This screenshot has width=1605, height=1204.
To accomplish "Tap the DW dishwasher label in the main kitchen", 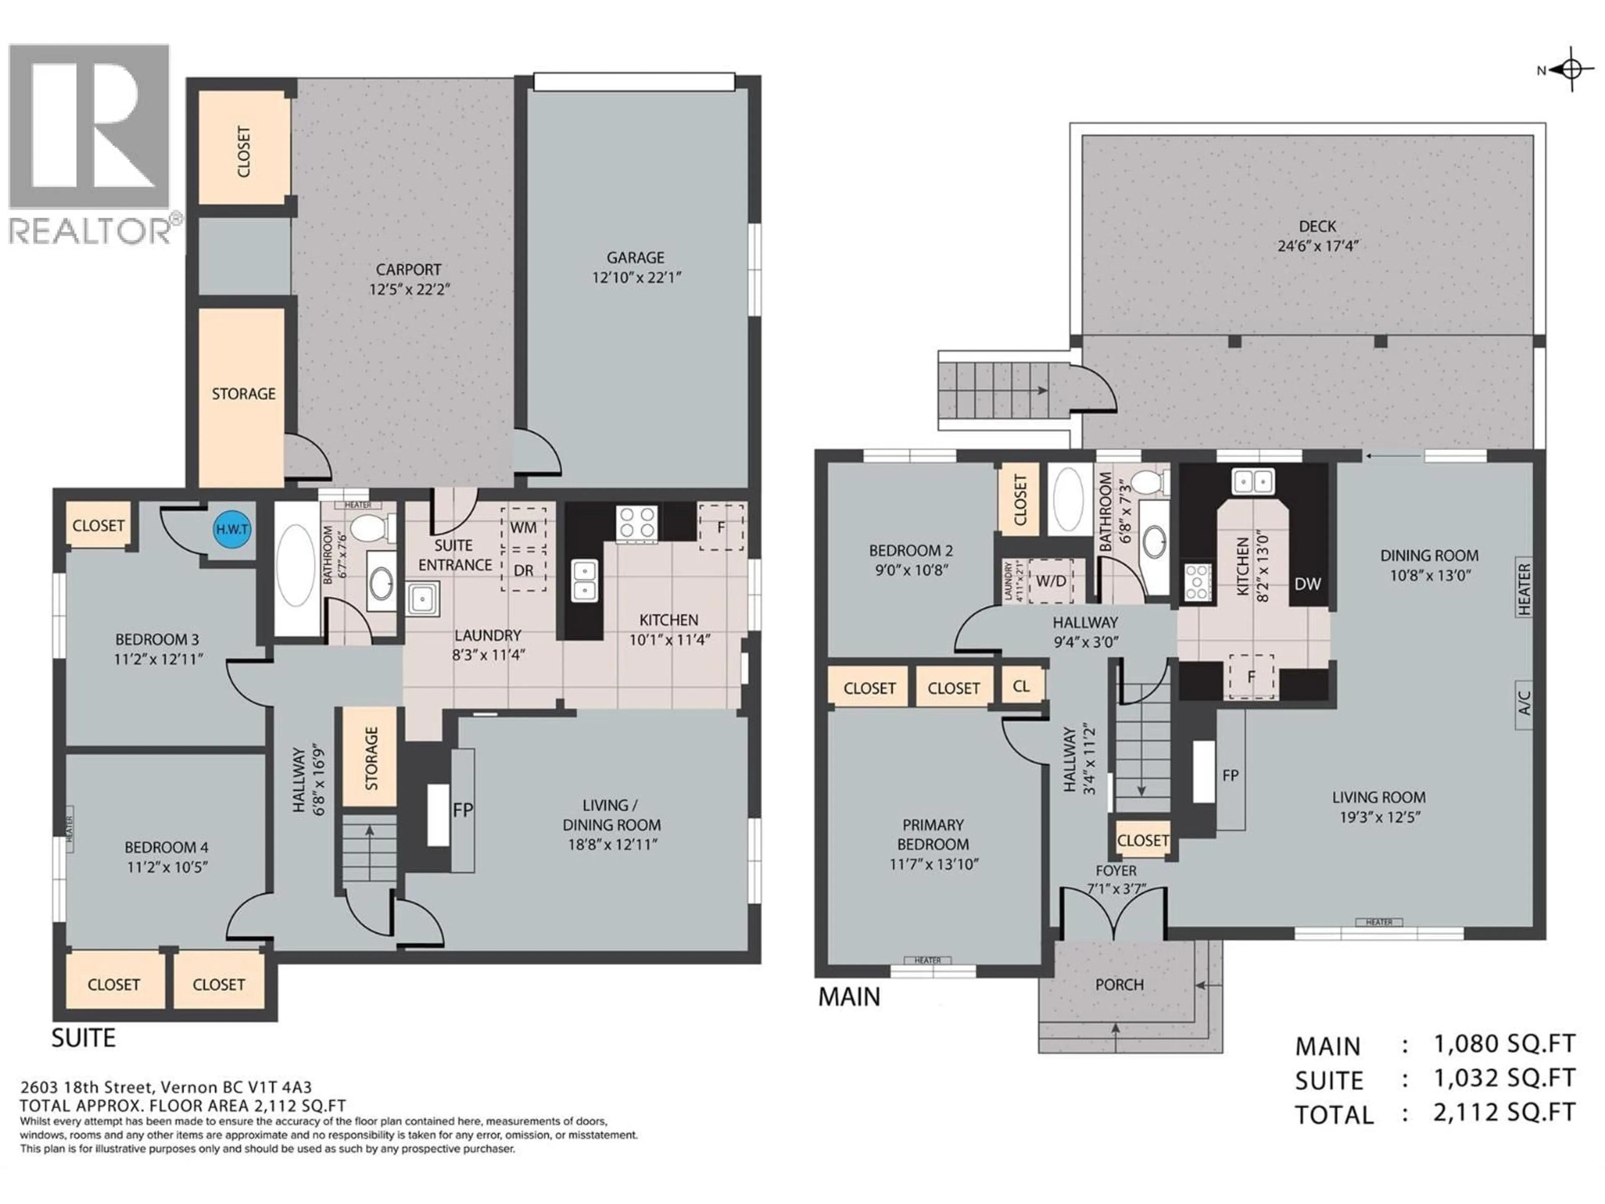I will point(1307,584).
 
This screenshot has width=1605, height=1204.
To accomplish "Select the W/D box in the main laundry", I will point(1051,581).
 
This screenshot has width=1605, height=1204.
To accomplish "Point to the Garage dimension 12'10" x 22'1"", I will point(636,277).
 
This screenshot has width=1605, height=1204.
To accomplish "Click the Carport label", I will point(408,269).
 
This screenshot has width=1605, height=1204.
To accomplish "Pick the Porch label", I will point(1120,985).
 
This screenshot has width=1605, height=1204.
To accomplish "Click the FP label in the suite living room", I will point(463,810).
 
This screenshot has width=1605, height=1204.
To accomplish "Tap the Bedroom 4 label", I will point(166,847).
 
